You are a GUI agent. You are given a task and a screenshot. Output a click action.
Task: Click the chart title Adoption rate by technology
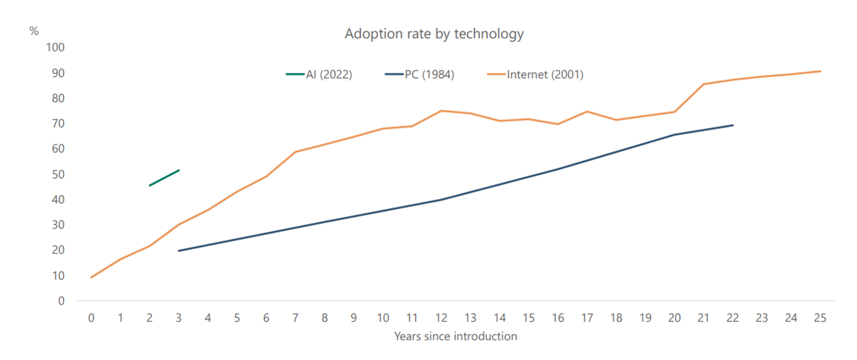[x=434, y=34]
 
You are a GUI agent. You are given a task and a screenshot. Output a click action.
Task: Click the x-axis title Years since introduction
[x=456, y=337]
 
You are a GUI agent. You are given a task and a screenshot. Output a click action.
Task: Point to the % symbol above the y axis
[x=34, y=31]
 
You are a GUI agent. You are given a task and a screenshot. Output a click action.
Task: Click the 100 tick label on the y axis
[x=55, y=47]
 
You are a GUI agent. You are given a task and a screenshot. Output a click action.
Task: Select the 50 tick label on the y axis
[x=58, y=174]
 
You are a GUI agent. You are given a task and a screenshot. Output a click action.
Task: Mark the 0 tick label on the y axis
[x=61, y=301]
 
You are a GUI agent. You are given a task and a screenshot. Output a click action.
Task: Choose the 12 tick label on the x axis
[x=441, y=318]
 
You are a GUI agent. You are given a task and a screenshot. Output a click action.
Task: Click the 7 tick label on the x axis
[x=295, y=318]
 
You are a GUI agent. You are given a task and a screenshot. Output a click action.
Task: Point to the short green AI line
[x=164, y=178]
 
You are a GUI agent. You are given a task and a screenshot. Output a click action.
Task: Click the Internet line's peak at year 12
[x=441, y=111]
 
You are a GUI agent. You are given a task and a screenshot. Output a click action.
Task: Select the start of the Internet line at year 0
[x=92, y=277]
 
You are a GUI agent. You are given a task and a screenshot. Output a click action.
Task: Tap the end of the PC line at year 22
[x=733, y=126]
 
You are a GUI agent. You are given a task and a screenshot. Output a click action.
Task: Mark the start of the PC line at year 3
[x=179, y=250]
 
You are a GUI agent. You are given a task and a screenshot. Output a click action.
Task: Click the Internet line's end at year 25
[x=820, y=71]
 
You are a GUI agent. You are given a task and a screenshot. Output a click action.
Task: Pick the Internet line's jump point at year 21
[x=704, y=84]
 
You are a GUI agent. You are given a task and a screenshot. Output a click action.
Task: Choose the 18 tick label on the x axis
[x=616, y=318]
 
